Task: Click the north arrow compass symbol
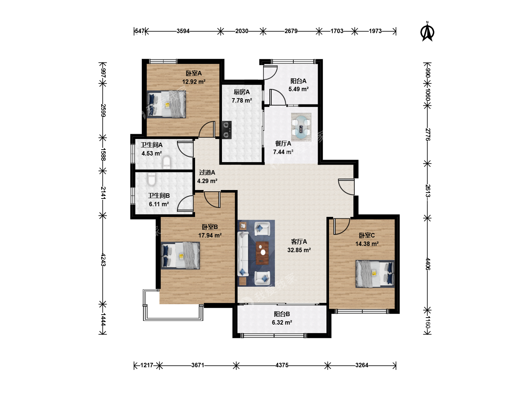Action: coord(427,32)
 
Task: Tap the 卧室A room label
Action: coord(194,73)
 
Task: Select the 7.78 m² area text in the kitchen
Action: coord(242,100)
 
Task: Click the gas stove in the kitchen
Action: coord(227,130)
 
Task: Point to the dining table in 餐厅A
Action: coord(301,127)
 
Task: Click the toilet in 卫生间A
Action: coord(167,162)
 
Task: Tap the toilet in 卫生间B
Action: coord(152,179)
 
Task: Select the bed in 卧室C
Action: coord(375,274)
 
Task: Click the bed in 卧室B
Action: coord(180,255)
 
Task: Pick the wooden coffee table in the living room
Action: coord(262,253)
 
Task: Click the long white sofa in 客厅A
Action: coord(243,254)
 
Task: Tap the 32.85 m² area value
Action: coord(299,250)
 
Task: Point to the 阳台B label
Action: coord(282,314)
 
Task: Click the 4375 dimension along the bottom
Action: coord(282,365)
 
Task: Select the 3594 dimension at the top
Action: coord(183,31)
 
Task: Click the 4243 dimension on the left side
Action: coord(103,260)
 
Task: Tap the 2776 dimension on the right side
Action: coord(427,135)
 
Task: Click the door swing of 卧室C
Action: coord(342,226)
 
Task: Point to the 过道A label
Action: coord(207,173)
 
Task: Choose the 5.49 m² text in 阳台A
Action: coord(298,89)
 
